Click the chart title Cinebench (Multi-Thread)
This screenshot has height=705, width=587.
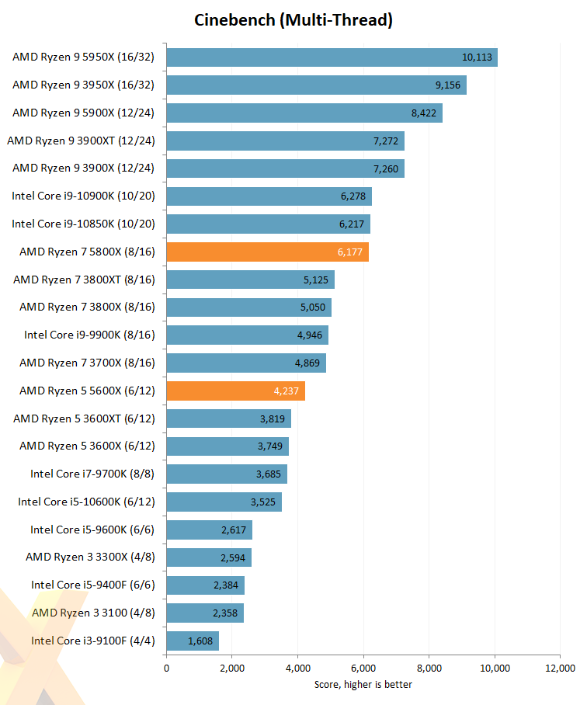coord(293,20)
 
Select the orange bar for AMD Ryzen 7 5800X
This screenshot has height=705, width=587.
coord(267,252)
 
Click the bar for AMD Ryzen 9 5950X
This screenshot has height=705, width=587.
coord(332,57)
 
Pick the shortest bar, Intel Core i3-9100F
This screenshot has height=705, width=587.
coord(192,641)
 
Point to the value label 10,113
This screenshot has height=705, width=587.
coord(476,57)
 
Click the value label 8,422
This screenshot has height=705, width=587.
coord(423,113)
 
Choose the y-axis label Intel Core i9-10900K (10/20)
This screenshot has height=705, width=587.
coord(83,196)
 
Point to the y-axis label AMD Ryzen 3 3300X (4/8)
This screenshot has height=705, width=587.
coord(90,557)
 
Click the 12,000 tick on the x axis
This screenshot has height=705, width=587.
coord(560,669)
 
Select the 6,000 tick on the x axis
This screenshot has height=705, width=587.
coord(363,669)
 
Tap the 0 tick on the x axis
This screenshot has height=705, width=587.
coord(166,669)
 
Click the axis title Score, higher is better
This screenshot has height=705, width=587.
coord(363,685)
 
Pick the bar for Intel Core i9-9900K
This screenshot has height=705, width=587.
coord(247,335)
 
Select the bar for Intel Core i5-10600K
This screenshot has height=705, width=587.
coord(224,502)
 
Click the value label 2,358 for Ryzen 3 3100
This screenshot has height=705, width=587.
coord(226,613)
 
